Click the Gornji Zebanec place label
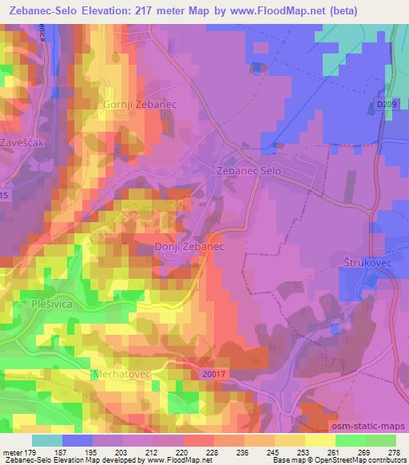tap(133, 105)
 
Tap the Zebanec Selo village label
tap(249, 171)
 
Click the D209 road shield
tap(387, 104)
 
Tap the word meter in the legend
tap(11, 452)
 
